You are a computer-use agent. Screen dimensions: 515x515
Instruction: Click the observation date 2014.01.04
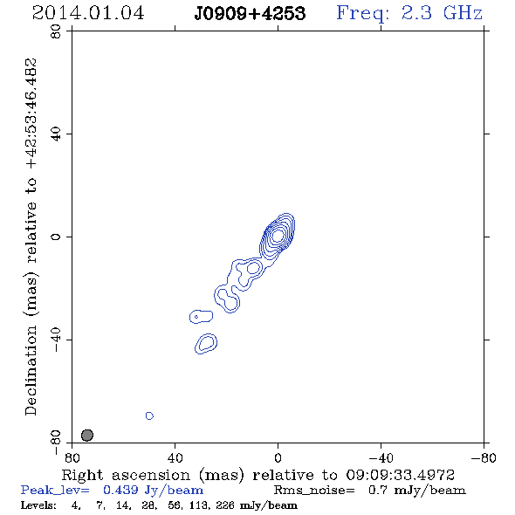pos(88,13)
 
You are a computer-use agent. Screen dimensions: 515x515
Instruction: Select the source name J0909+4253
pos(250,14)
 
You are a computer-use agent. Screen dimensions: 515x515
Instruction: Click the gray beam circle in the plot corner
pos(87,436)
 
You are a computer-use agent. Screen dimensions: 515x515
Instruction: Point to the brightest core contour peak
pos(278,235)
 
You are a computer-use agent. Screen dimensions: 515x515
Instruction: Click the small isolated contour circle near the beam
pos(149,415)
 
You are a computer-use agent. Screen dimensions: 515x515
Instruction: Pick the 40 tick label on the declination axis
pos(56,134)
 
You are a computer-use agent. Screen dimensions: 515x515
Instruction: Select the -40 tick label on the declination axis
pos(56,340)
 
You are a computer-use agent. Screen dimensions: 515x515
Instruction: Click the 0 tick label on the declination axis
pos(56,237)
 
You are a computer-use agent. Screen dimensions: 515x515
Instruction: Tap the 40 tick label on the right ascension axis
pos(175,458)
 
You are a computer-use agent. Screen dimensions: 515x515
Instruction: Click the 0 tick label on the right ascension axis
pos(278,458)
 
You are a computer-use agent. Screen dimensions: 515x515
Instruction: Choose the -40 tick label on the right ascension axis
pos(381,458)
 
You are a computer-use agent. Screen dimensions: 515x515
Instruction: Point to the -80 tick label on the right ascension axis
pos(484,458)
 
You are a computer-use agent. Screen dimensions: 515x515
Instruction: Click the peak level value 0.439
pos(120,490)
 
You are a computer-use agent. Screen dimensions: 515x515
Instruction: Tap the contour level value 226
pos(225,505)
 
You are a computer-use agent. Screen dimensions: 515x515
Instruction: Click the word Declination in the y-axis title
pos(31,370)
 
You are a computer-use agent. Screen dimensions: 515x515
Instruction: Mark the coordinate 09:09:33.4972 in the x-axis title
pos(400,475)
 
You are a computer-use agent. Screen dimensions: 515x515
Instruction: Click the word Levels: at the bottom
pos(38,505)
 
